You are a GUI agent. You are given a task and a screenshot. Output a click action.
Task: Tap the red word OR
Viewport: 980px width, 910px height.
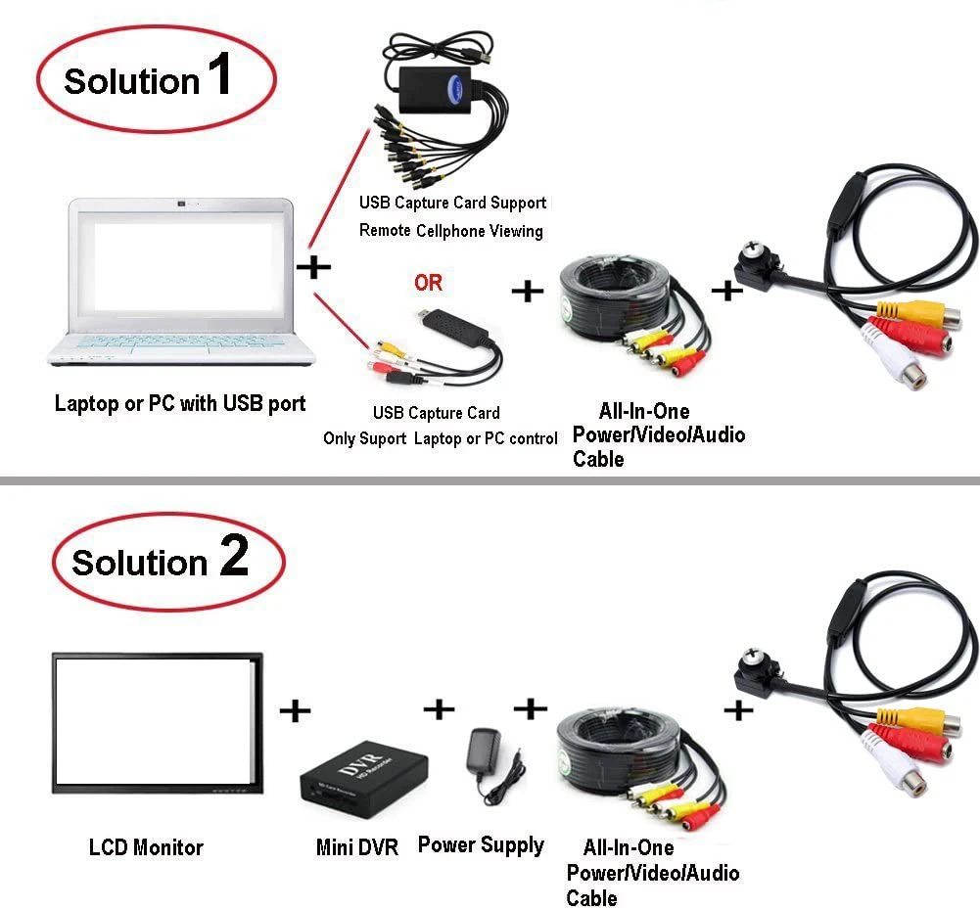point(428,283)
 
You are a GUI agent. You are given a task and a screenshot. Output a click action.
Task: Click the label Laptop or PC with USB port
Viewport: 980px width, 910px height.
point(180,403)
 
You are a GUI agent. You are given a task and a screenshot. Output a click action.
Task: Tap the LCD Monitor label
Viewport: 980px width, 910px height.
point(146,847)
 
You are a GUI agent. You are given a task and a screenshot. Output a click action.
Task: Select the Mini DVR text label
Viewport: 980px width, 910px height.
point(357,847)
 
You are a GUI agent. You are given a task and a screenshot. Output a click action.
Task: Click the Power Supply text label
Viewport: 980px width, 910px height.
point(481,844)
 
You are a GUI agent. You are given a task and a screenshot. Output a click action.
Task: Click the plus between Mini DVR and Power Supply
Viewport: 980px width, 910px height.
point(440,708)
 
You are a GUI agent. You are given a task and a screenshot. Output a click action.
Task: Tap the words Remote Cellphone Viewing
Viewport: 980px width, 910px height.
point(450,231)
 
